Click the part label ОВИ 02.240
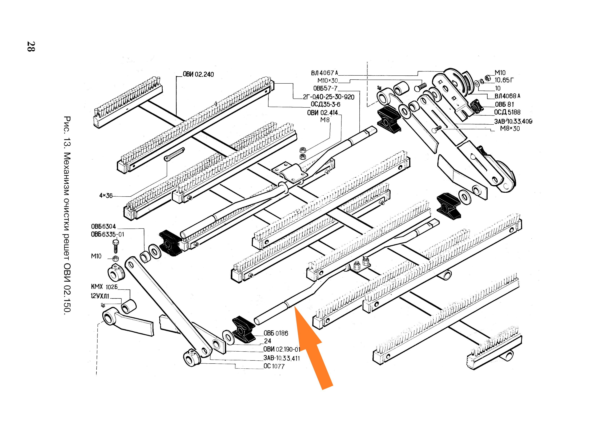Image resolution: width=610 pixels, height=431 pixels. pyautogui.click(x=198, y=74)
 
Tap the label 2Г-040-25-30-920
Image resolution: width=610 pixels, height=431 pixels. pyautogui.click(x=329, y=97)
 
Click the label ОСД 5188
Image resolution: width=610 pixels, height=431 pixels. pyautogui.click(x=507, y=112)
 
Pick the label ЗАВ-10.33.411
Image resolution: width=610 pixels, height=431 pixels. pyautogui.click(x=281, y=358)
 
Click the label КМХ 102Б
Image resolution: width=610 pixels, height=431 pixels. pyautogui.click(x=104, y=287)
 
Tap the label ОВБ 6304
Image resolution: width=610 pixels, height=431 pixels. pyautogui.click(x=103, y=226)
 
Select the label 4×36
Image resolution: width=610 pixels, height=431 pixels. pyautogui.click(x=106, y=196)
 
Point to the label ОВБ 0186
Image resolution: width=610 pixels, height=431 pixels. pyautogui.click(x=276, y=333)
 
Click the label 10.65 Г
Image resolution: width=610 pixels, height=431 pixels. pyautogui.click(x=504, y=80)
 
